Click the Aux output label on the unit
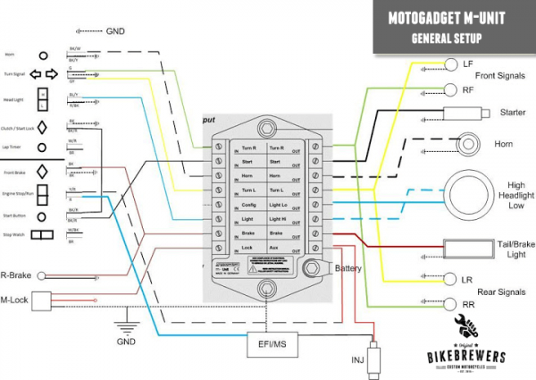pyautogui.click(x=277, y=247)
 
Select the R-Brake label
pyautogui.click(x=16, y=276)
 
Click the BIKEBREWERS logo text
pyautogui.click(x=464, y=357)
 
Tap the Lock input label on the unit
pyautogui.click(x=247, y=247)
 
